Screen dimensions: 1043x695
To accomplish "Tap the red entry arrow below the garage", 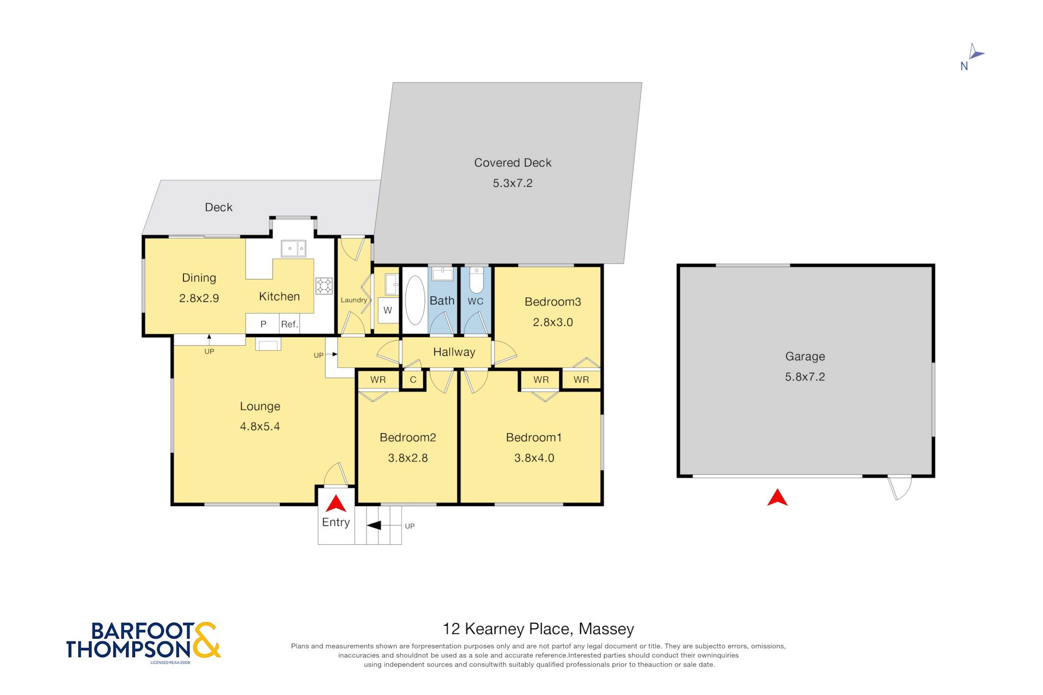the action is (777, 498).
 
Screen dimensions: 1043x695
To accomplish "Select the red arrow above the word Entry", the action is (336, 504).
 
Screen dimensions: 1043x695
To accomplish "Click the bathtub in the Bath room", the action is (415, 300).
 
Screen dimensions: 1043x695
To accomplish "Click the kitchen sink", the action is (293, 248).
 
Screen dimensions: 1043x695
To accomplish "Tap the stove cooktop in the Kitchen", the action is (324, 286).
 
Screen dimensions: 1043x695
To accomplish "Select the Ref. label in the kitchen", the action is (289, 324).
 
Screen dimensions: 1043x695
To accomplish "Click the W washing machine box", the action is (388, 310).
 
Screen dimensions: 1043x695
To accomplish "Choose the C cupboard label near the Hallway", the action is (413, 380).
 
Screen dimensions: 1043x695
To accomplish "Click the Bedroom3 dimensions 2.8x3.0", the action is (553, 322).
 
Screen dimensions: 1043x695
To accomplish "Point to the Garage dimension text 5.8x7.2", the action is (805, 377).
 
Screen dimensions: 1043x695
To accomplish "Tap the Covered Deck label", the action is (513, 162).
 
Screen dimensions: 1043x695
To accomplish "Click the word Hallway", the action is (454, 352).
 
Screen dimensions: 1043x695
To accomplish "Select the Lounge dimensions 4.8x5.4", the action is (260, 426).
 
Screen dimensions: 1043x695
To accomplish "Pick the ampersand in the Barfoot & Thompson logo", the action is (206, 640).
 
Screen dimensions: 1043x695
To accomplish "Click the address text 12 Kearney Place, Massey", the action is (538, 629).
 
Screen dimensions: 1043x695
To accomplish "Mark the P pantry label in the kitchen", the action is (263, 324).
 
